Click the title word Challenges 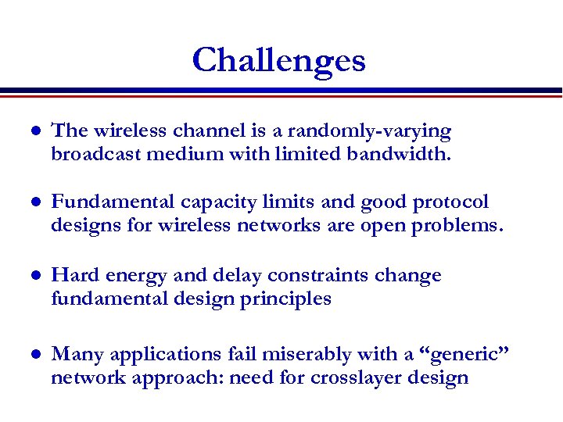point(279,60)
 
